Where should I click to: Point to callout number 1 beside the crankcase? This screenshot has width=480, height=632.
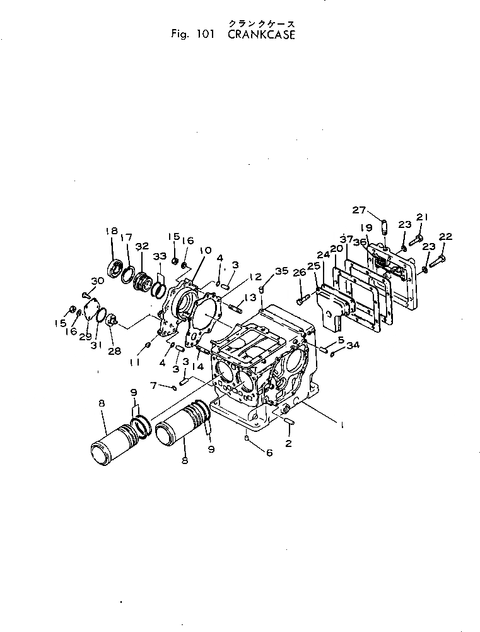pyautogui.click(x=341, y=426)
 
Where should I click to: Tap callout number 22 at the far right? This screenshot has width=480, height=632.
pyautogui.click(x=445, y=236)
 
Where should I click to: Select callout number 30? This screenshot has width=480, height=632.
pyautogui.click(x=97, y=282)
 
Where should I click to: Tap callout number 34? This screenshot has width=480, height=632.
pyautogui.click(x=353, y=345)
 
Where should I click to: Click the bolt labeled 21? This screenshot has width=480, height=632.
pyautogui.click(x=416, y=241)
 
